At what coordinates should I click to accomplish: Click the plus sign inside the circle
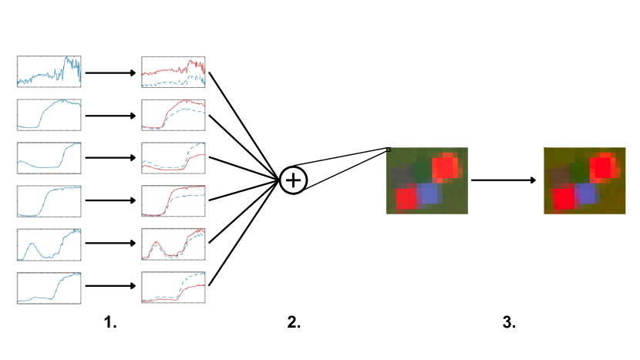tap(293, 180)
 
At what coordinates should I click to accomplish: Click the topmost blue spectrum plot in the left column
tap(49, 71)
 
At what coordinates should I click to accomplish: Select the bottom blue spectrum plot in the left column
tap(49, 288)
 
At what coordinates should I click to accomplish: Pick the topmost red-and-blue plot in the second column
tap(174, 71)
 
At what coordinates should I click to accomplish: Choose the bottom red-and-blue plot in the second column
tap(174, 288)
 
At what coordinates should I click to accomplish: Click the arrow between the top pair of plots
tap(111, 73)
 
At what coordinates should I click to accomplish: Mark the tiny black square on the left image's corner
tap(389, 150)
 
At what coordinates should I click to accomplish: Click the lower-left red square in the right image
tap(564, 199)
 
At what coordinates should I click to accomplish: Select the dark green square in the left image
tap(421, 170)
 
